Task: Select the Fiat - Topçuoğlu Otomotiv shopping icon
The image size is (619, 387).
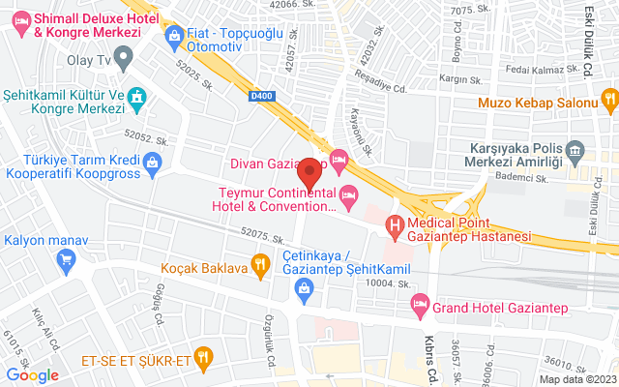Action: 174,38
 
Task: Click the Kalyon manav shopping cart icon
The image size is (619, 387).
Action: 66,258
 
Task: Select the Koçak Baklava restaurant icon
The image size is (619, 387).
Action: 259,262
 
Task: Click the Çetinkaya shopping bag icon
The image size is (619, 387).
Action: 304,287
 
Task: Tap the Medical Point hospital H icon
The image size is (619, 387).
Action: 395,227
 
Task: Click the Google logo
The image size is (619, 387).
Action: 32,375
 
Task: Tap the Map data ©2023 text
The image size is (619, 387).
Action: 577,378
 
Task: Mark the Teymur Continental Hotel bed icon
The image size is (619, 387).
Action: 349,196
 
